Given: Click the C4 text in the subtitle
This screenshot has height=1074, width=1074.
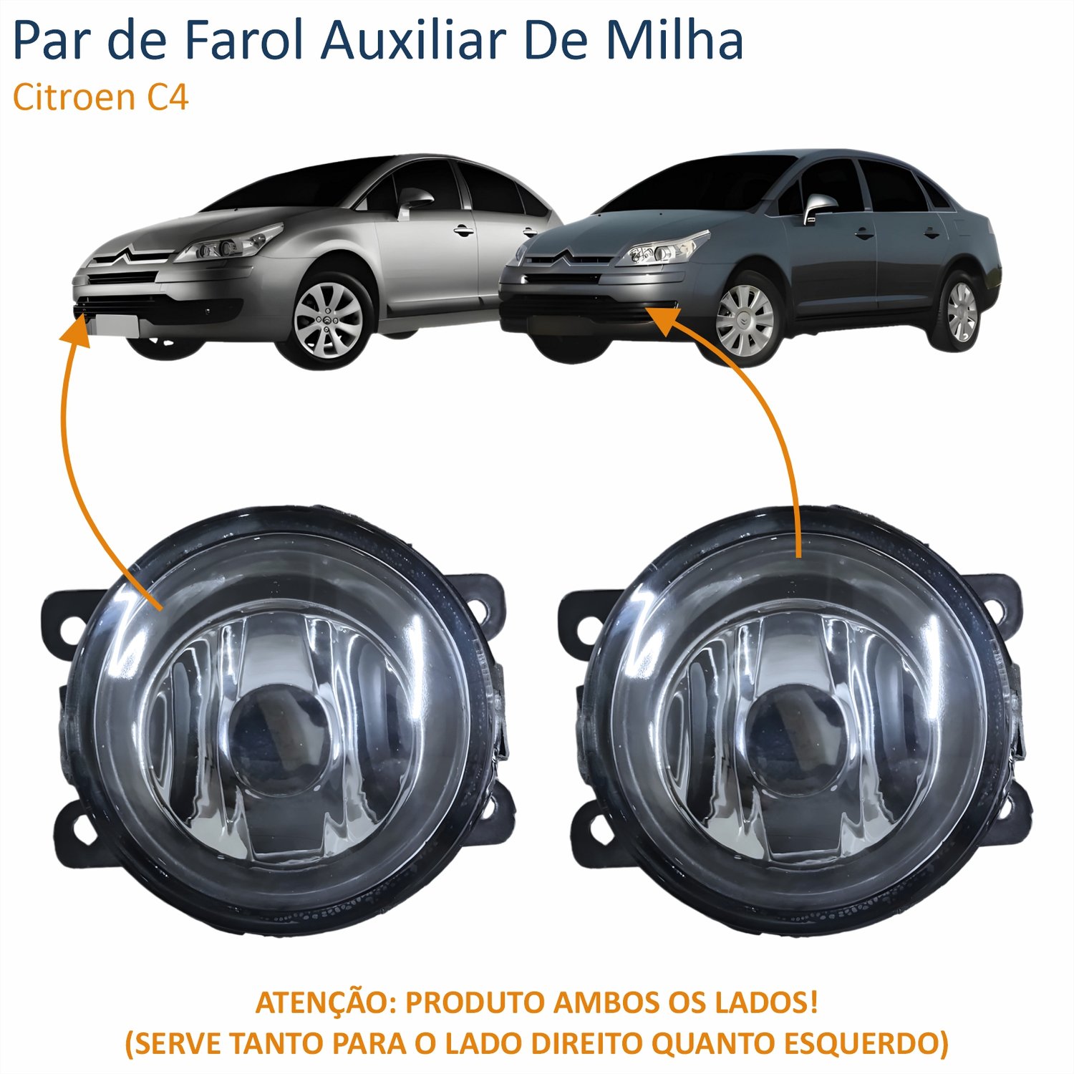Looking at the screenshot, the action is click(x=168, y=97).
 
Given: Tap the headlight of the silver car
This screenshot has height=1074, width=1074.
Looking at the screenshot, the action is click(x=228, y=243).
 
